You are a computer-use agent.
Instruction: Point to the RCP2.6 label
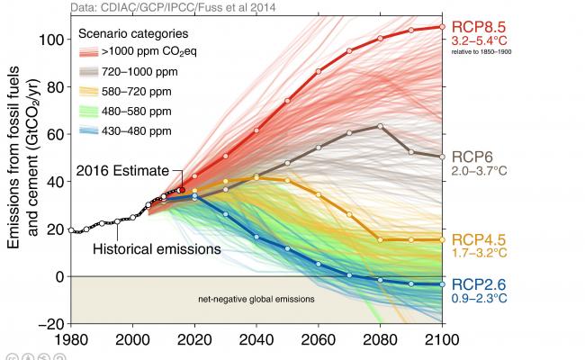point(479,285)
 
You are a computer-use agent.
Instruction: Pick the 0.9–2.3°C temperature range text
point(481,299)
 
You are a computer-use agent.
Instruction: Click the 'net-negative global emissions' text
point(256,299)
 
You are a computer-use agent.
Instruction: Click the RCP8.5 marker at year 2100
point(441,27)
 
